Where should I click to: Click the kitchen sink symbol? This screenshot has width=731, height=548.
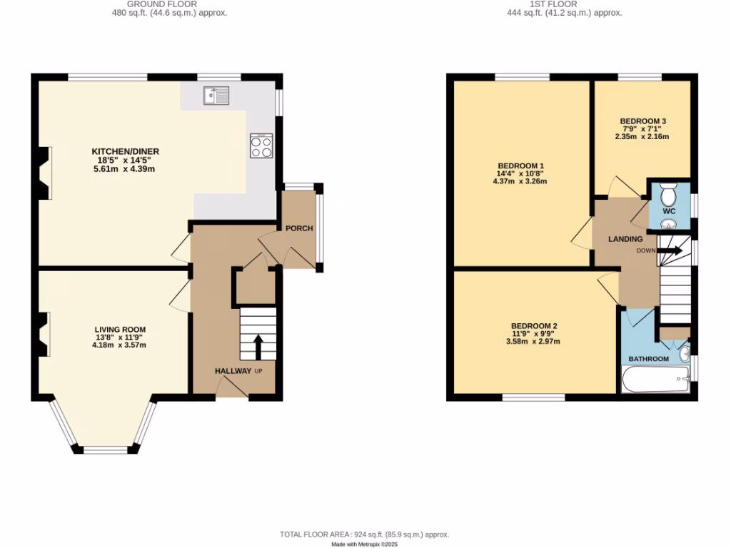click(215, 94)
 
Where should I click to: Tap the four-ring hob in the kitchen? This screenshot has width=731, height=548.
click(261, 146)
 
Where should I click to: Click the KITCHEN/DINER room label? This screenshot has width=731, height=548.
click(125, 151)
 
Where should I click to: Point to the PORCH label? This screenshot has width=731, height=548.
click(299, 228)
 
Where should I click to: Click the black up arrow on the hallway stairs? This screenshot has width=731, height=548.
click(258, 347)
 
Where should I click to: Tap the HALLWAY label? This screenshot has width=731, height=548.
click(233, 371)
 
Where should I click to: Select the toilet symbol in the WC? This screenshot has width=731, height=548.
click(669, 195)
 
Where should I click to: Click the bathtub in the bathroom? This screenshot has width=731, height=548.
click(654, 380)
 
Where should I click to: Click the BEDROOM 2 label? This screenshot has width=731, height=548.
click(534, 325)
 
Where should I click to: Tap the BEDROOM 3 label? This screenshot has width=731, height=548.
click(642, 121)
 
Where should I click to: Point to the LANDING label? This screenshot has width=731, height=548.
click(625, 239)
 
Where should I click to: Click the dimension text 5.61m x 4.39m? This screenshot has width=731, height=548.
click(125, 168)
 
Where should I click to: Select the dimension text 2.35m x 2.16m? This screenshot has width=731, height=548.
click(642, 136)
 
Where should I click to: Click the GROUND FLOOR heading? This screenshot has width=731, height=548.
click(162, 4)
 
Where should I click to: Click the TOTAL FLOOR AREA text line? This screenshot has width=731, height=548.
click(364, 534)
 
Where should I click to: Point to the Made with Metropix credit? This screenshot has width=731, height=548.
click(364, 544)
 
